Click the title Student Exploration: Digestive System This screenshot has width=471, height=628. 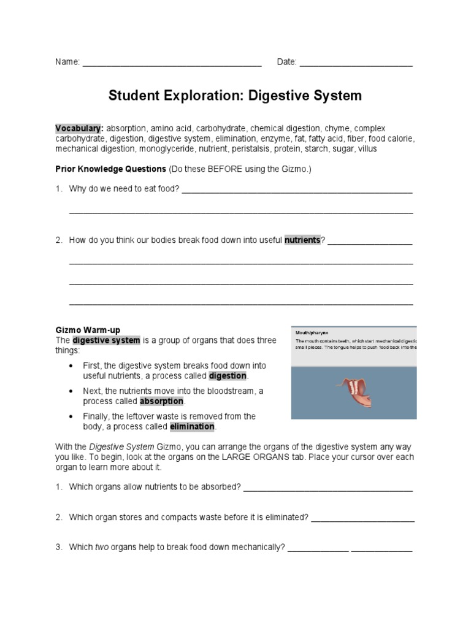[x=235, y=96]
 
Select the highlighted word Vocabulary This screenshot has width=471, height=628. [x=78, y=128]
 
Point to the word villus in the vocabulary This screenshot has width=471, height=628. [x=366, y=148]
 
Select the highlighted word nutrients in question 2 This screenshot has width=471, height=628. [x=302, y=240]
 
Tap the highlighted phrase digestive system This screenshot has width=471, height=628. [x=107, y=340]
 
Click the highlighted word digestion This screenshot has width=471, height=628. [x=228, y=375]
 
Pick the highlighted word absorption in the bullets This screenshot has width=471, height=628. [x=161, y=401]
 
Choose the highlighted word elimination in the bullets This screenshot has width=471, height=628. [x=192, y=426]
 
